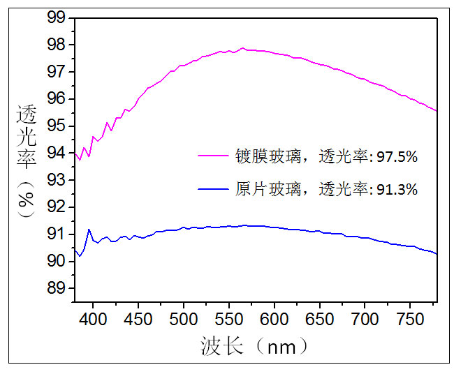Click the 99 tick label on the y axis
[56, 17]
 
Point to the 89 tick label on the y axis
[56, 288]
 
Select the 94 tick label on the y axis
[56, 153]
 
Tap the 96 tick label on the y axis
[56, 98]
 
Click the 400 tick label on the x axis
[93, 319]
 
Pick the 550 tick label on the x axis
[229, 319]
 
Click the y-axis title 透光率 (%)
[27, 161]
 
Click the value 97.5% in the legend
[397, 158]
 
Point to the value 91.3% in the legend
[397, 189]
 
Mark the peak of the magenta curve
[243, 48]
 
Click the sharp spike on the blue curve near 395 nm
[89, 229]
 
